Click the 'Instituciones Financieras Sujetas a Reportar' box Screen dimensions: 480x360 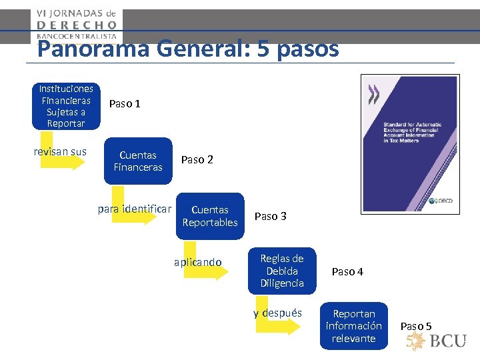tap(66, 106)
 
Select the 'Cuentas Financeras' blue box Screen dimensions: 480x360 tap(138, 161)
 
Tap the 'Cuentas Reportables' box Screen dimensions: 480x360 tap(210, 216)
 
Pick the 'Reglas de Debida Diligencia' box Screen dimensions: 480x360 tap(281, 271)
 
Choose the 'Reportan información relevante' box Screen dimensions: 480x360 tap(353, 326)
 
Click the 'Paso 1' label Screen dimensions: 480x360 tap(125, 104)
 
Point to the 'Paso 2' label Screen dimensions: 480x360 tap(197, 159)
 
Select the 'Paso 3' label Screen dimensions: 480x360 tap(271, 216)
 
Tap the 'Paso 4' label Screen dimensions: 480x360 tap(347, 271)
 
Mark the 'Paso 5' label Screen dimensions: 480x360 tap(416, 326)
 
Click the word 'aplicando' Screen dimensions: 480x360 tap(197, 262)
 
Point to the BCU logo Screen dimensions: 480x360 tap(437, 341)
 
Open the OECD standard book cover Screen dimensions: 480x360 tap(410, 143)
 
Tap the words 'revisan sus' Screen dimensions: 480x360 tap(60, 151)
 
